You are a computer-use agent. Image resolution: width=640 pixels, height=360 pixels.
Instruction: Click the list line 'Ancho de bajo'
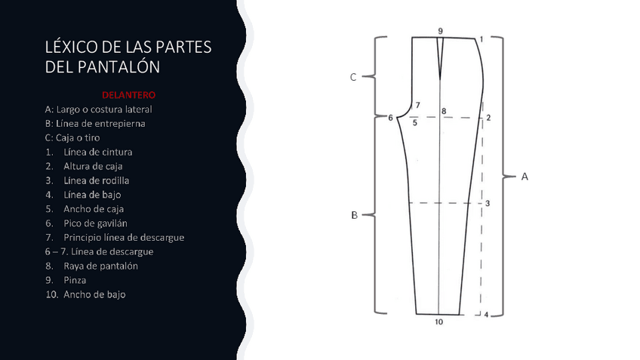pos(94,294)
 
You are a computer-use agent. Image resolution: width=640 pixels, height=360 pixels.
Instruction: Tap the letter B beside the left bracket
pos(354,215)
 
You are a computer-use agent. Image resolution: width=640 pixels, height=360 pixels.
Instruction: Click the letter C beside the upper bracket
pos(353,77)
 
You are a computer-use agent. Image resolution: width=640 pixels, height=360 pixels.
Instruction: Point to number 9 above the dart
pos(440,31)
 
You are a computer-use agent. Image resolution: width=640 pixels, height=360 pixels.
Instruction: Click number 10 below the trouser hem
pos(438,322)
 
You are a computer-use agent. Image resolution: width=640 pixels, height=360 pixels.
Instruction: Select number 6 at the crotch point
pos(390,118)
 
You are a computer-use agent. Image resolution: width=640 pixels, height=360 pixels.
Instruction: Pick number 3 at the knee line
pos(488,204)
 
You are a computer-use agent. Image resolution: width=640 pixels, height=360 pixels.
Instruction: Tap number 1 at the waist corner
pos(482,38)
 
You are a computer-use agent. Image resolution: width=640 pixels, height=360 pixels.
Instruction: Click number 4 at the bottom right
pos(486,315)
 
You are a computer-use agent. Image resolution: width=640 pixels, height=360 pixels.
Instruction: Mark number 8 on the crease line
pos(444,112)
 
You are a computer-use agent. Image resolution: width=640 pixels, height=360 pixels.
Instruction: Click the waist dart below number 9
pos(441,57)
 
